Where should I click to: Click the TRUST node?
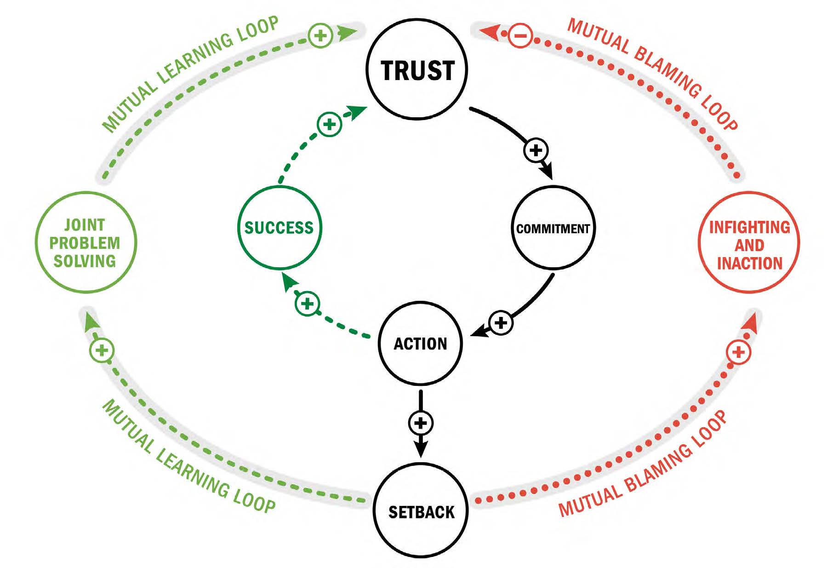416,69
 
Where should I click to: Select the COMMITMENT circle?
553,228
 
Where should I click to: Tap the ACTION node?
420,343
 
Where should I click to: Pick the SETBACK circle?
421,511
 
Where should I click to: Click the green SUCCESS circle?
280,228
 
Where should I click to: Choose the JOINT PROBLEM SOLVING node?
86,242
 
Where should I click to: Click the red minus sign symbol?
520,35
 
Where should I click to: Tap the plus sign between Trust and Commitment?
536,150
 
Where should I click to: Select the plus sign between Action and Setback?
421,423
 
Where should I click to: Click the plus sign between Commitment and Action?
501,322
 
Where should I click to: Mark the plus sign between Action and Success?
307,304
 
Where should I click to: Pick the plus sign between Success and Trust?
329,124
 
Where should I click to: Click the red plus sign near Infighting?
738,352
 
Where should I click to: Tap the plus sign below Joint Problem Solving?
102,350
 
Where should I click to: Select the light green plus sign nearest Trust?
320,35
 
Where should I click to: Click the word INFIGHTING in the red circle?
749,227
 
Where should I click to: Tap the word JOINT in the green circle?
85,225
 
